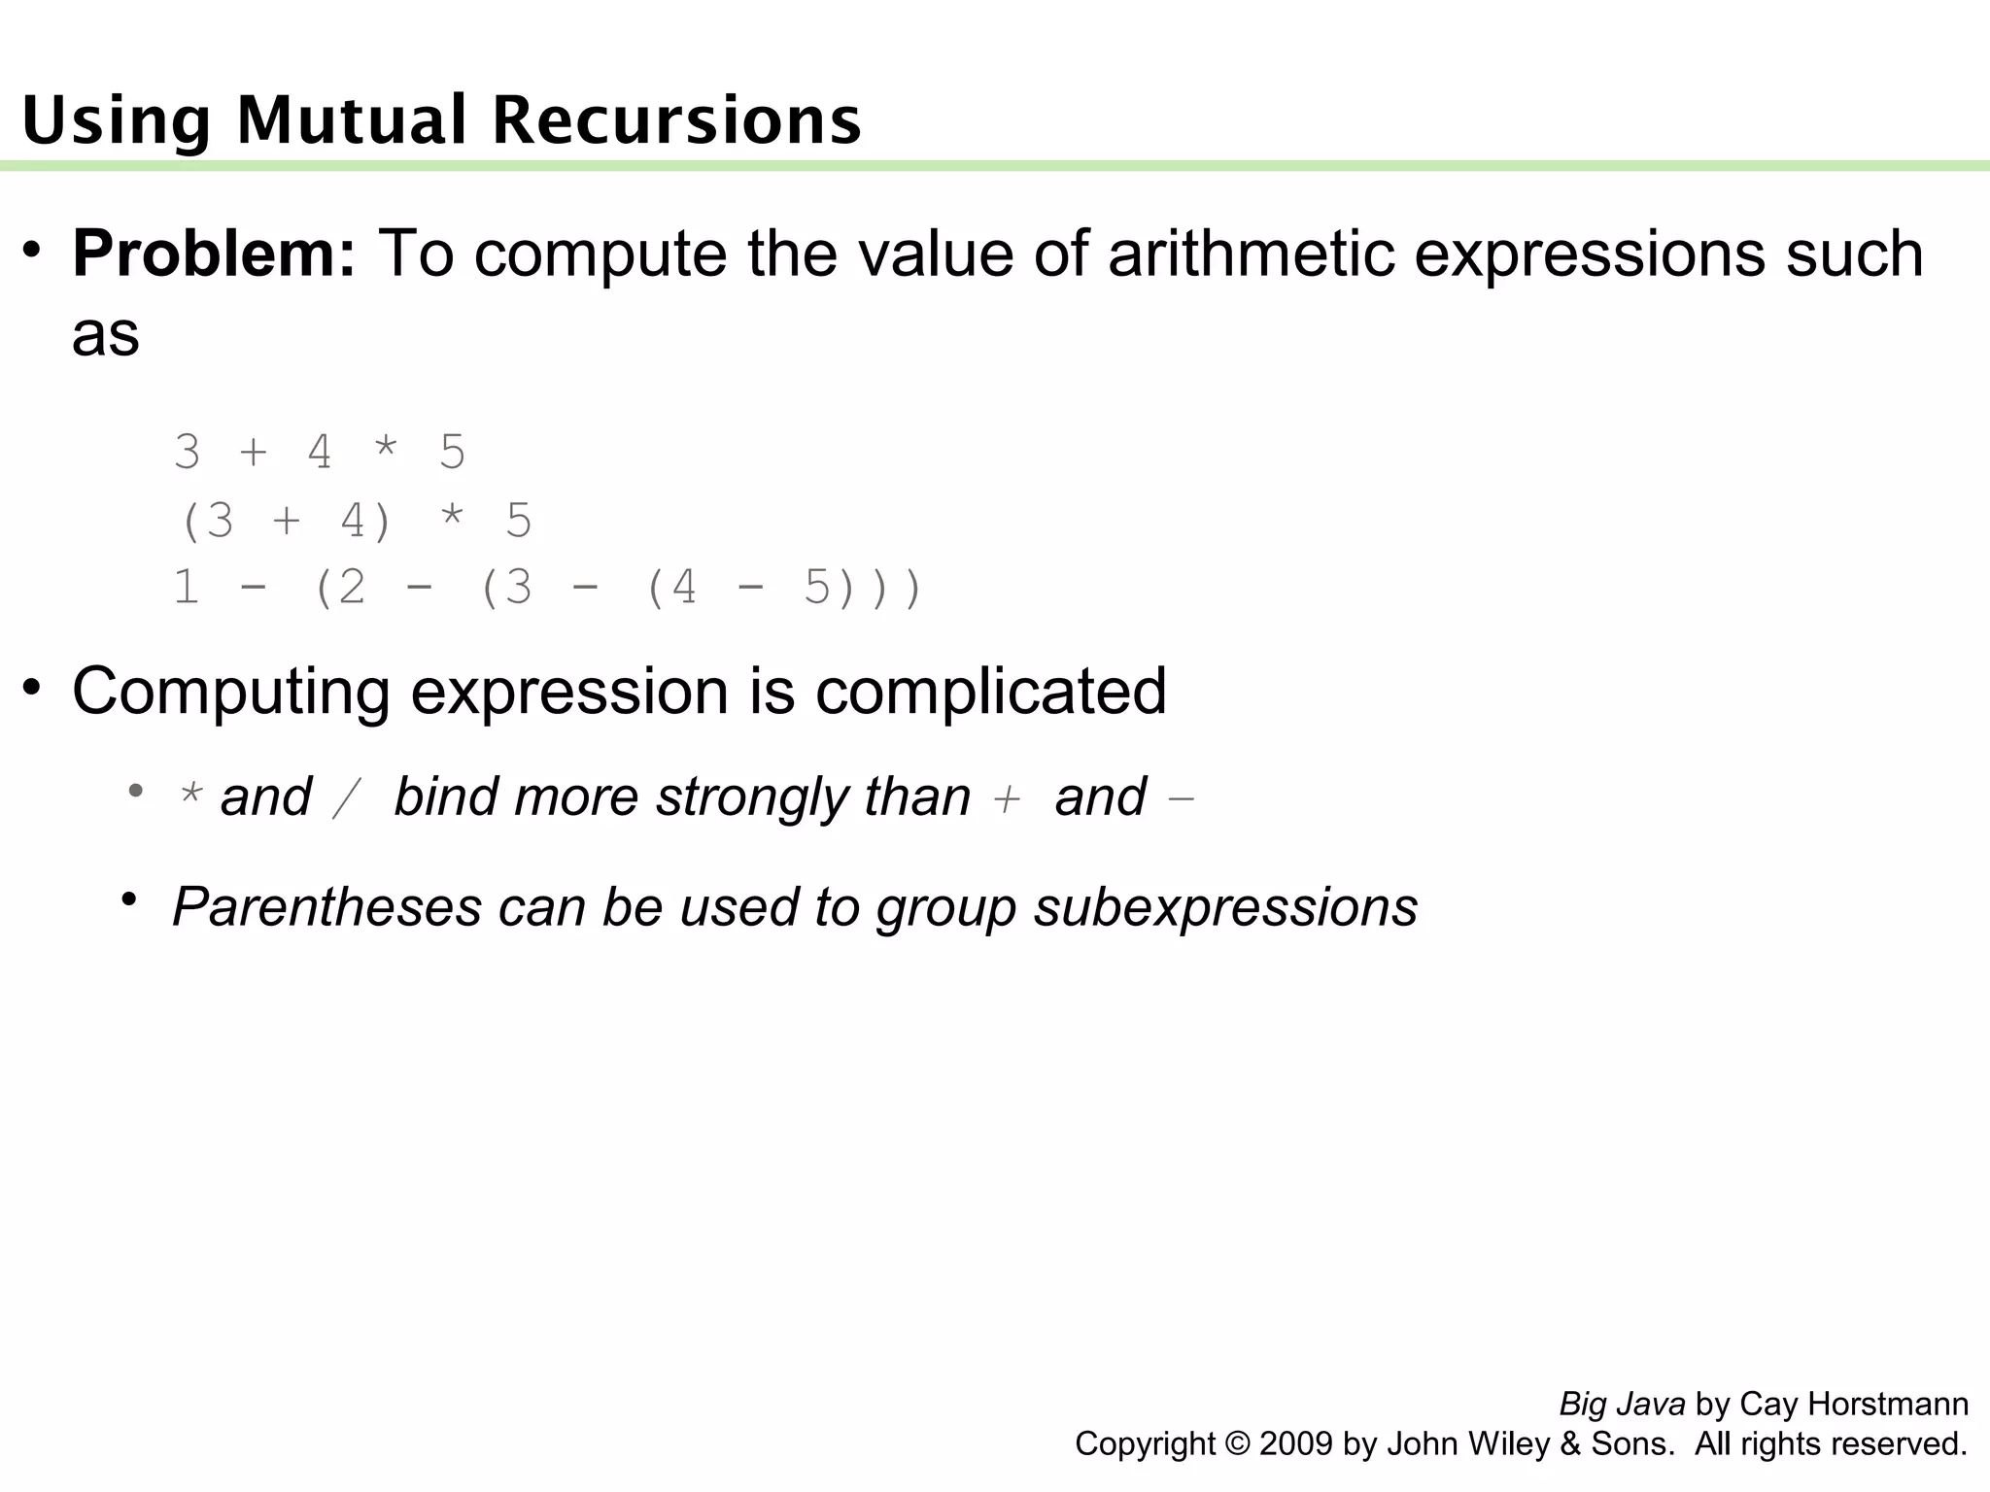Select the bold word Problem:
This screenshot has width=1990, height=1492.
tap(215, 254)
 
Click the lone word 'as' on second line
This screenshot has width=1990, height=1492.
tap(106, 335)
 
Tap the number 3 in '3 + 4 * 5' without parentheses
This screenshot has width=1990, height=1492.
tap(188, 453)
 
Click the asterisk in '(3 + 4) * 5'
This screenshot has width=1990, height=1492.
tap(452, 521)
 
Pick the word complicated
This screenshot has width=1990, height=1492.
tap(990, 692)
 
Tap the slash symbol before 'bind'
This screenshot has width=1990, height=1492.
tap(346, 798)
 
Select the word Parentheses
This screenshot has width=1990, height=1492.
tap(326, 907)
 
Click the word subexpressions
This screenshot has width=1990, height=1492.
tap(1225, 908)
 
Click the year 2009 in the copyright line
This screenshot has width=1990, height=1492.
tap(1296, 1444)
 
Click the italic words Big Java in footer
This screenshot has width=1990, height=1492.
tap(1622, 1405)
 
